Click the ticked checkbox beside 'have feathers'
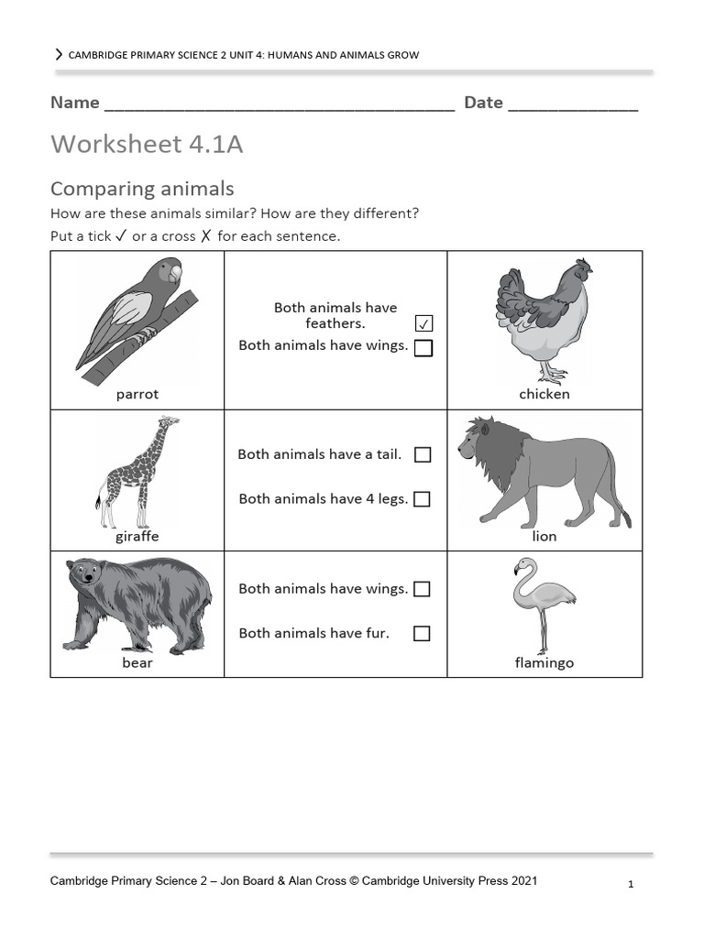[423, 323]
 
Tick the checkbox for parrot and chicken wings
[423, 348]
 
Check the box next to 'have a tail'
[423, 454]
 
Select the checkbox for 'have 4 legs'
[423, 499]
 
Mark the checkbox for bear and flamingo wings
[422, 589]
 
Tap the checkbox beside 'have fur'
[422, 633]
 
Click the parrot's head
[170, 272]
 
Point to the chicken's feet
[552, 374]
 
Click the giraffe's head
[168, 423]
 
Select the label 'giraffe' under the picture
[137, 537]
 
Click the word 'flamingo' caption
[544, 663]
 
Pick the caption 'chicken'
[544, 394]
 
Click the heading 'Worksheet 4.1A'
[147, 145]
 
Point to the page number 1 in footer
[631, 884]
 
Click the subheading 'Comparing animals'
[142, 189]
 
